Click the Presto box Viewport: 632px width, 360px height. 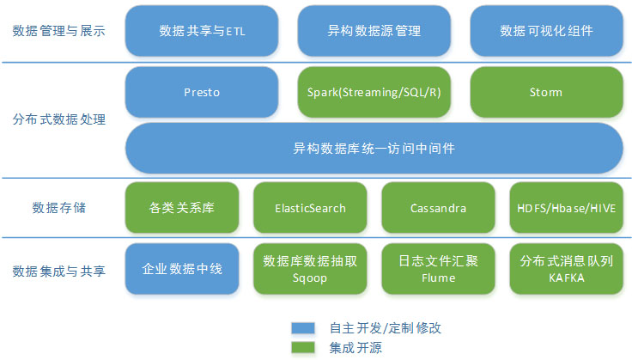tap(202, 92)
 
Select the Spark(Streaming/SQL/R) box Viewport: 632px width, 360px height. tap(374, 92)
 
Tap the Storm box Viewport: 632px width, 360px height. tap(546, 92)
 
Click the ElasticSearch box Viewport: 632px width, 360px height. tap(310, 208)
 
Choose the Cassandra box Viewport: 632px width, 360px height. tap(438, 208)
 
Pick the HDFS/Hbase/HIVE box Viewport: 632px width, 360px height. tap(566, 208)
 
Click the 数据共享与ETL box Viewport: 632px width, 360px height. tap(202, 31)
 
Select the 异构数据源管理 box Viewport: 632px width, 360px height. tap(374, 31)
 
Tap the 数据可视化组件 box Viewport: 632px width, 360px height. tap(546, 31)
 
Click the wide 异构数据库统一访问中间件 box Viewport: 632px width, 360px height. tap(374, 149)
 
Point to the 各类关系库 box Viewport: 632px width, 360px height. tap(182, 208)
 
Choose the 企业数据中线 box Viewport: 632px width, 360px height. tap(182, 269)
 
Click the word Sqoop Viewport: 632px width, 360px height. tap(309, 278)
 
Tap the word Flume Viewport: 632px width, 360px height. tap(439, 278)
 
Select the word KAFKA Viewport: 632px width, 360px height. tap(566, 278)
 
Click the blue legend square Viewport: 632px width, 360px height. tap(303, 328)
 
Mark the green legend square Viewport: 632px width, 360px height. tap(303, 347)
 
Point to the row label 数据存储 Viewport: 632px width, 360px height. tap(59, 208)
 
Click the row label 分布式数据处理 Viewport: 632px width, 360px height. tap(59, 119)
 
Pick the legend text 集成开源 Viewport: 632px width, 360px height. tap(355, 347)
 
